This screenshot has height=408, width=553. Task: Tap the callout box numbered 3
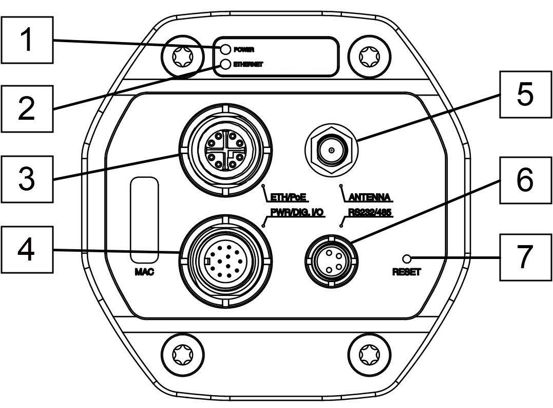[x=26, y=178]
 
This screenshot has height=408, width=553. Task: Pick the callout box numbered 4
[x=26, y=250]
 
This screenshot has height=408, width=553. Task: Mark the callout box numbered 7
[x=524, y=256]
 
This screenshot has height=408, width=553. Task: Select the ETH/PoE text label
[x=288, y=196]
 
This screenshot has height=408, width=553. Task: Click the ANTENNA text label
[x=370, y=196]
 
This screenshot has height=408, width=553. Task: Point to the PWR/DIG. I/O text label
[x=297, y=212]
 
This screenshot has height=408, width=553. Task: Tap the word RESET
[x=406, y=272]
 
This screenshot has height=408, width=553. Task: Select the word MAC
[x=144, y=272]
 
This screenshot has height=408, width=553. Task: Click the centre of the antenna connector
[x=331, y=151]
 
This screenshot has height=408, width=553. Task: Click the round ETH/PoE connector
[x=224, y=152]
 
